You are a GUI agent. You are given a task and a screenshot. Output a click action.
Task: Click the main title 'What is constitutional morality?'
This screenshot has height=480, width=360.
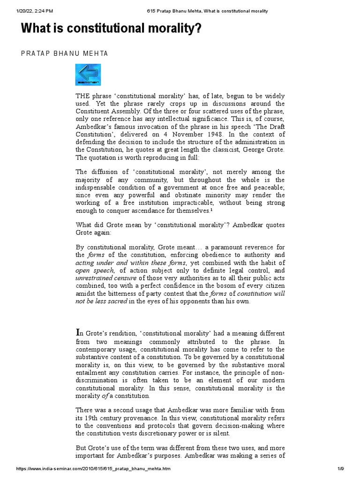pyautogui.click(x=111, y=29)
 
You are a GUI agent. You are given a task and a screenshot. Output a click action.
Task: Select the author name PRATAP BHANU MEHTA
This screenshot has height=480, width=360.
pyautogui.click(x=65, y=53)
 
